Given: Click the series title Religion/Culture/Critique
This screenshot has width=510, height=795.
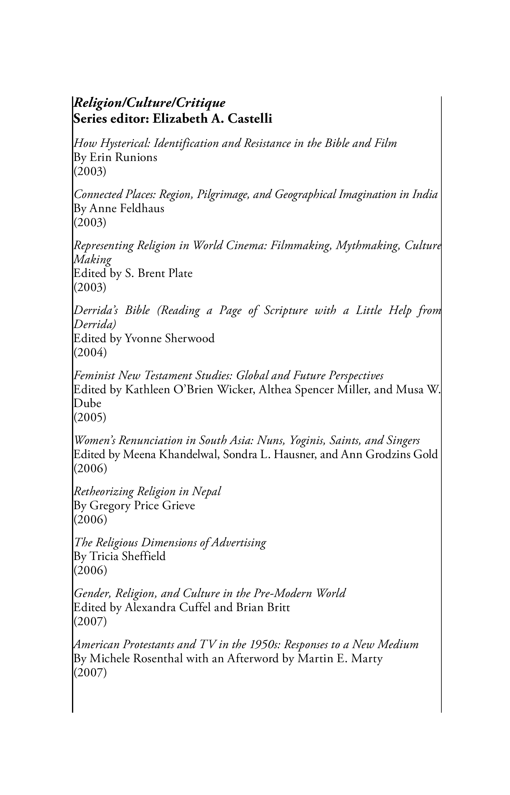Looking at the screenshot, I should pyautogui.click(x=149, y=103).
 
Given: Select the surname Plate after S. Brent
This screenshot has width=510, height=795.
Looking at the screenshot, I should pyautogui.click(x=180, y=273).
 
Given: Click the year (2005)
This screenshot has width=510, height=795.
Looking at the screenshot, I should pyautogui.click(x=90, y=417).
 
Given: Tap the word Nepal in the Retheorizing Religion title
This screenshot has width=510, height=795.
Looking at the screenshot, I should pyautogui.click(x=206, y=491).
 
